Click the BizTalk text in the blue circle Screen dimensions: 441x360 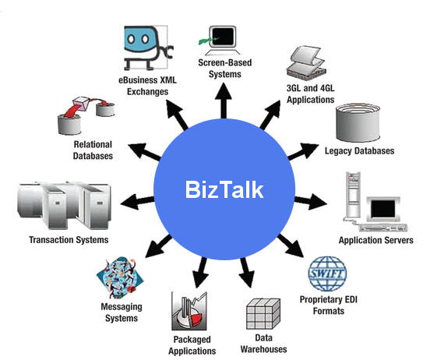(224, 190)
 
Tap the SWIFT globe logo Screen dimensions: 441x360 (327, 274)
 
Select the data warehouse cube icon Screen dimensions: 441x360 (263, 314)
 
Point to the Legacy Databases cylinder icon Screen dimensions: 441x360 (358, 123)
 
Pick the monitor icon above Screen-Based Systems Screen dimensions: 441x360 (220, 41)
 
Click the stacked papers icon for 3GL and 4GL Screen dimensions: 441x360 (306, 62)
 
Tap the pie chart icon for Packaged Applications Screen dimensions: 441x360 (189, 311)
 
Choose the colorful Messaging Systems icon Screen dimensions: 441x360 (120, 277)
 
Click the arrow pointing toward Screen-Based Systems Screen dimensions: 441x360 (224, 100)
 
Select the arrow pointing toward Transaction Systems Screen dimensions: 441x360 (137, 201)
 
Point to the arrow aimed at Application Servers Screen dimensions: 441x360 (311, 202)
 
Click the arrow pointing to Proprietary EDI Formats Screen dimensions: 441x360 (291, 245)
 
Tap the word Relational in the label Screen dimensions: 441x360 (93, 144)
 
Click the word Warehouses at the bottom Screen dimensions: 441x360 (263, 349)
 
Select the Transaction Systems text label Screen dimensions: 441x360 (69, 240)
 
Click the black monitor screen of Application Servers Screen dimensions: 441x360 (383, 209)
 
